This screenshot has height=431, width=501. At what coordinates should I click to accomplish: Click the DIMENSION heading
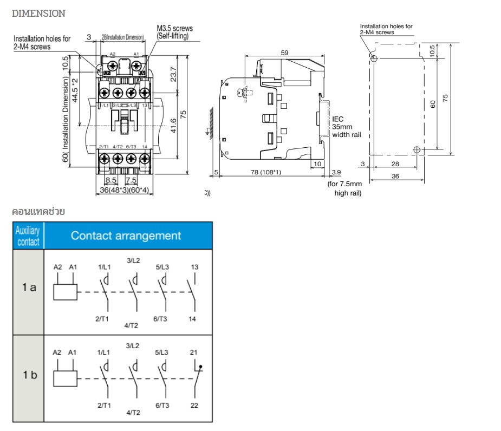tap(38, 14)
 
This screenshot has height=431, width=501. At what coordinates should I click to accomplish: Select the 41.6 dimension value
tap(173, 125)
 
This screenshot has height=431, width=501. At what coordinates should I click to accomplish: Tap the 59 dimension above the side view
tap(285, 53)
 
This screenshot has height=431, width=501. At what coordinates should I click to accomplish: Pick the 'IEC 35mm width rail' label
tap(346, 127)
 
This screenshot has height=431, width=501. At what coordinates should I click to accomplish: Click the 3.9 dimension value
tap(336, 172)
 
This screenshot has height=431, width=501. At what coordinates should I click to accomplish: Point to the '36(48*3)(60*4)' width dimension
tap(125, 190)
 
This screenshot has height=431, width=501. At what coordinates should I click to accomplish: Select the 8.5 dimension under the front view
tap(111, 180)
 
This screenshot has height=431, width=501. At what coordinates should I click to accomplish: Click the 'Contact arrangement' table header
tap(126, 236)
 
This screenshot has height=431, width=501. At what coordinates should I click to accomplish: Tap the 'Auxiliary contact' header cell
tap(28, 236)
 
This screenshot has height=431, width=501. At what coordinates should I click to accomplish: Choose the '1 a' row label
tap(29, 288)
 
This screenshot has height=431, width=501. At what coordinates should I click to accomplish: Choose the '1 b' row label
tap(29, 375)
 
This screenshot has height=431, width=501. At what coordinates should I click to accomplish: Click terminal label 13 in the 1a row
tap(194, 267)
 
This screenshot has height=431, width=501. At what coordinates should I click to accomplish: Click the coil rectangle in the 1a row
tap(66, 291)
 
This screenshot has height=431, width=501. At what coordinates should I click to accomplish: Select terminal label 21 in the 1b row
tap(194, 352)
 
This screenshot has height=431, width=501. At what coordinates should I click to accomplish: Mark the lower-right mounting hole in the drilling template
tap(416, 150)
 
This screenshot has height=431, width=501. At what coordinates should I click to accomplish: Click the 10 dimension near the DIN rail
tap(317, 164)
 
